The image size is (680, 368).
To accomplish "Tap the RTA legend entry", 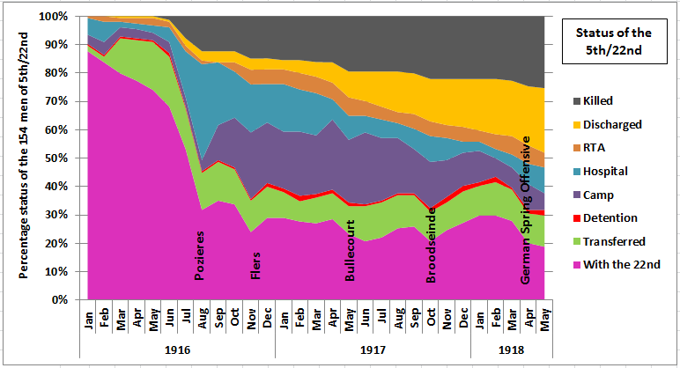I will [602, 147].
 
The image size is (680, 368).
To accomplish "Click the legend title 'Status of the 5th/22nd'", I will [613, 40].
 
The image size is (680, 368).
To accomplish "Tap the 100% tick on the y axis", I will [55, 17].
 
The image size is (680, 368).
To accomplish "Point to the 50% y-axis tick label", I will [58, 158].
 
